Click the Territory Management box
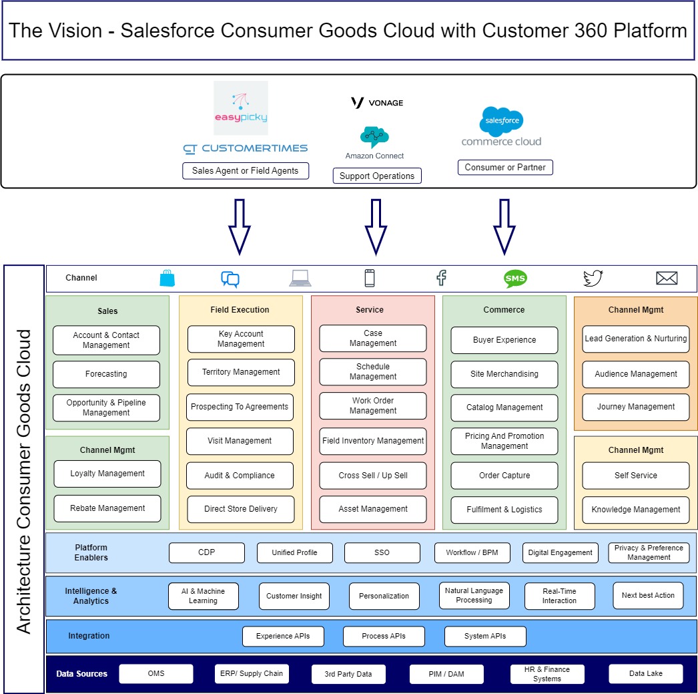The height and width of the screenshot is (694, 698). click(x=241, y=372)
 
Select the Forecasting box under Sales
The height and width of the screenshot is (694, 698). click(x=106, y=374)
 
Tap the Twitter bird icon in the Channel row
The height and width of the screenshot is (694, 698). click(x=593, y=278)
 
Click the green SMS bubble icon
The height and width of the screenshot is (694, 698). click(x=515, y=279)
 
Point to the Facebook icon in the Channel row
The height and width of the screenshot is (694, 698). click(x=441, y=278)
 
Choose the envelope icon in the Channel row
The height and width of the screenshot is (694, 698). click(x=667, y=279)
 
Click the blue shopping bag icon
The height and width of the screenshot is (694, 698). click(x=167, y=279)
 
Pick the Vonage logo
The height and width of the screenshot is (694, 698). click(x=377, y=103)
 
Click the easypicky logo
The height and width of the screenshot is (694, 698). click(x=241, y=108)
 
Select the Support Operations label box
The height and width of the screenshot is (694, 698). click(x=377, y=176)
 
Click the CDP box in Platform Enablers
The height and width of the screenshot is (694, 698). click(x=206, y=552)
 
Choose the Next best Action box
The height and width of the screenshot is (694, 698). click(x=648, y=595)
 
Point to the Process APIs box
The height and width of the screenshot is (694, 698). click(x=384, y=636)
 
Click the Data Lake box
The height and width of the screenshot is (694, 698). click(x=646, y=673)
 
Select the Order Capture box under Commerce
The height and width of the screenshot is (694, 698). click(x=504, y=476)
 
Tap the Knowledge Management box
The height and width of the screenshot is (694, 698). click(x=636, y=510)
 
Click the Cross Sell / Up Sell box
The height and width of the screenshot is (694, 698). click(x=373, y=476)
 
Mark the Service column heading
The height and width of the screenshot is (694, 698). click(x=370, y=310)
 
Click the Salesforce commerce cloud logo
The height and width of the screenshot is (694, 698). click(x=502, y=127)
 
